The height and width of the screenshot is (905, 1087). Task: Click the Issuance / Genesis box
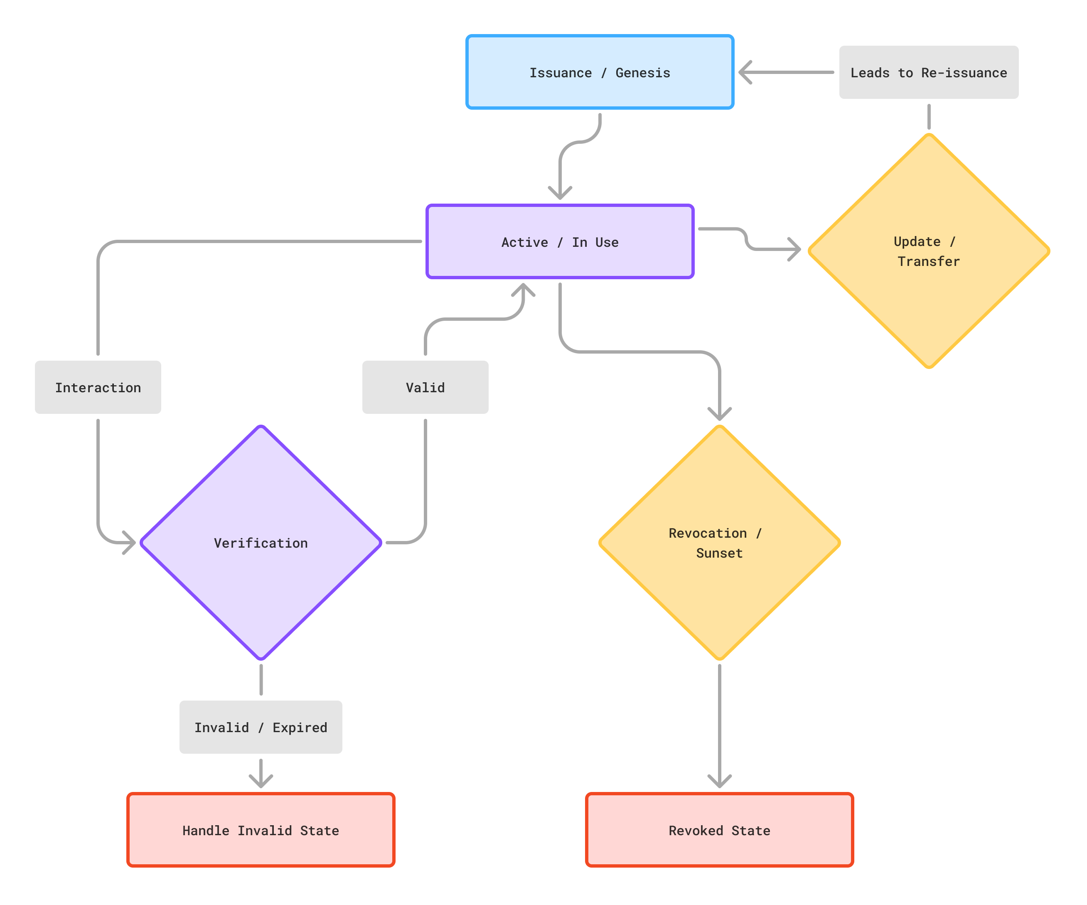[600, 72]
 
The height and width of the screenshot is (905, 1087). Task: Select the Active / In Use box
[560, 242]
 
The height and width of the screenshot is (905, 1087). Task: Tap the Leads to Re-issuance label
[929, 72]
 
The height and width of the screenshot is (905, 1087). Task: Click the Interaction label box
[98, 387]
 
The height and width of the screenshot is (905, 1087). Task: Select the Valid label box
[425, 387]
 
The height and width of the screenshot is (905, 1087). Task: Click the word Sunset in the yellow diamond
[719, 553]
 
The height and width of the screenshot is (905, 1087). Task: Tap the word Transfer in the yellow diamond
[929, 261]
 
